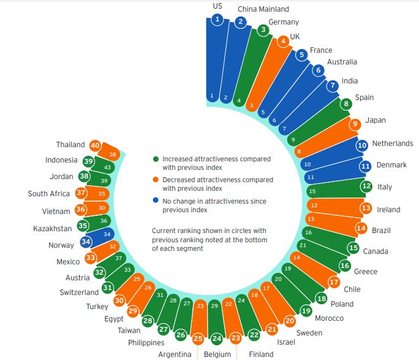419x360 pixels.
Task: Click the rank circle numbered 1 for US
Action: pyautogui.click(x=217, y=20)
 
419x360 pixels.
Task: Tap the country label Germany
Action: pyautogui.click(x=284, y=23)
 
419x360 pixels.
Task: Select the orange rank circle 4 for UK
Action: pyautogui.click(x=283, y=42)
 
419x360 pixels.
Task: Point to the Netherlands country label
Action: pyautogui.click(x=393, y=144)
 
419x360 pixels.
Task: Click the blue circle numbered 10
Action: pyautogui.click(x=362, y=145)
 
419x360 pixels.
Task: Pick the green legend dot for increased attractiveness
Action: pyautogui.click(x=156, y=159)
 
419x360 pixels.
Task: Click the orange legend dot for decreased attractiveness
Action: pyautogui.click(x=156, y=180)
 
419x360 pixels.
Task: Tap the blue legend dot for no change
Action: pyautogui.click(x=156, y=201)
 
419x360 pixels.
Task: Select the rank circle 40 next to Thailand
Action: pyautogui.click(x=95, y=145)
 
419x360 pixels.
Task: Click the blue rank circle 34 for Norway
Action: pyautogui.click(x=86, y=241)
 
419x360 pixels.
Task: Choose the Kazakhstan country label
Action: pyautogui.click(x=54, y=228)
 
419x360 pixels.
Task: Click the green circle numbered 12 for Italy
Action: pyautogui.click(x=366, y=186)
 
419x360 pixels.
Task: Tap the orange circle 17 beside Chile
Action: pyautogui.click(x=334, y=283)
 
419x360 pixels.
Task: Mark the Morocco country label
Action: pyautogui.click(x=329, y=318)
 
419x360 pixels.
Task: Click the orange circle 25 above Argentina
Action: pyautogui.click(x=198, y=339)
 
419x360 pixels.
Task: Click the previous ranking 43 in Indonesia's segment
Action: pyautogui.click(x=107, y=167)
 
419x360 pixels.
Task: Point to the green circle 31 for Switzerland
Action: pyautogui.click(x=108, y=287)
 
